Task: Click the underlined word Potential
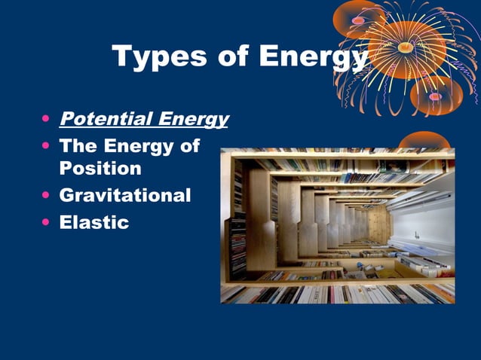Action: [x=103, y=119]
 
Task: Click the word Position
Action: [x=100, y=168]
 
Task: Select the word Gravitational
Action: [x=124, y=196]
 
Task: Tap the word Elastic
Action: [x=94, y=223]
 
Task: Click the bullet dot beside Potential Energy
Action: [x=47, y=120]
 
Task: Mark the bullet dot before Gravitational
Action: [x=47, y=197]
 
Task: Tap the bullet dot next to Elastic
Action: [x=47, y=224]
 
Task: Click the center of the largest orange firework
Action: [x=406, y=47]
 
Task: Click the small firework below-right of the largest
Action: [x=436, y=96]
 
